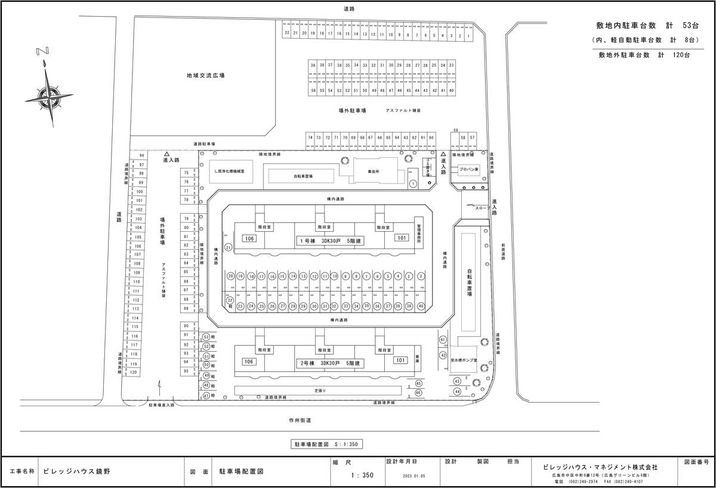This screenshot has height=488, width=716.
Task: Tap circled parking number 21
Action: click(227, 247)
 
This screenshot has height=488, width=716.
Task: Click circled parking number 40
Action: click(421, 306)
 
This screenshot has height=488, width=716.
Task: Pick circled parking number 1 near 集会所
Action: click(412, 184)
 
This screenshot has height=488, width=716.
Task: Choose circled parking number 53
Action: click(206, 337)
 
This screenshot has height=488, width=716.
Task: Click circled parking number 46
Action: click(419, 392)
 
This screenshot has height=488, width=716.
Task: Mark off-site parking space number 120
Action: click(134, 372)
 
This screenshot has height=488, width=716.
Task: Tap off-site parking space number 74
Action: click(310, 137)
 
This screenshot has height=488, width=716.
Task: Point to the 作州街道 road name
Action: click(297, 421)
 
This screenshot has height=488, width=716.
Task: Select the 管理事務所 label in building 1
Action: click(419, 229)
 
